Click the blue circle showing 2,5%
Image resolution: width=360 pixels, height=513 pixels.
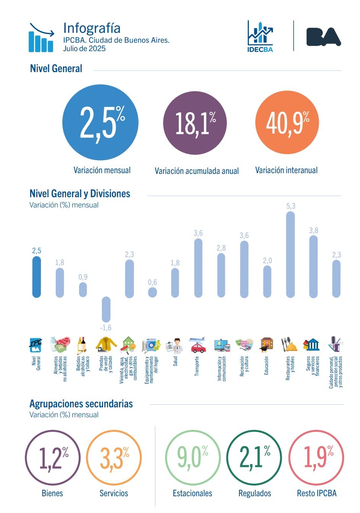[x=100, y=122]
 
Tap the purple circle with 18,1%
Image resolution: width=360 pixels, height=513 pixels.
[x=195, y=123]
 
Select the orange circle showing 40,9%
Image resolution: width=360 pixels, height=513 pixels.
[x=287, y=122]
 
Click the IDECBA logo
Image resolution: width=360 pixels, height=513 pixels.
[x=260, y=37]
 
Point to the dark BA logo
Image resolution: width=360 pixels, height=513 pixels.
[x=323, y=37]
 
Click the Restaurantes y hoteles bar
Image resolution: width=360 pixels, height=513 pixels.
[x=291, y=254]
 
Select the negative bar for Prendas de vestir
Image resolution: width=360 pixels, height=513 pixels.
[x=106, y=309]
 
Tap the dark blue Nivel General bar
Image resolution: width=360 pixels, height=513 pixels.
[x=36, y=277]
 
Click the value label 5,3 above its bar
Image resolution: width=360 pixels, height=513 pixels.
[x=291, y=206]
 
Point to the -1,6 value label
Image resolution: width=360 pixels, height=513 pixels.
[x=106, y=328]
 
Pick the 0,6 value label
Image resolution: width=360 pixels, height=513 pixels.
[x=152, y=282]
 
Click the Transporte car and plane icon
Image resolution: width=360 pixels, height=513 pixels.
[x=198, y=345]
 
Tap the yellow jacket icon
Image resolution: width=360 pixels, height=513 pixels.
[x=106, y=344]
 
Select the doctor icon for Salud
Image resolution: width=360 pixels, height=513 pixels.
[x=175, y=345]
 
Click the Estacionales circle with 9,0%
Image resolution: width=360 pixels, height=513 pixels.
[x=193, y=457]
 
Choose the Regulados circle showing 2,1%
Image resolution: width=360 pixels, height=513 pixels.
[x=254, y=457]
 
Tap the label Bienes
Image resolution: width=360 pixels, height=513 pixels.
[x=52, y=493]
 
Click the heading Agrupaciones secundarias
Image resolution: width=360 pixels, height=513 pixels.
[x=81, y=404]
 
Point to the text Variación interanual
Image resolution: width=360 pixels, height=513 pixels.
[x=286, y=170]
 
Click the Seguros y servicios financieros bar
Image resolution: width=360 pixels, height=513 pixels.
[x=313, y=267]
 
